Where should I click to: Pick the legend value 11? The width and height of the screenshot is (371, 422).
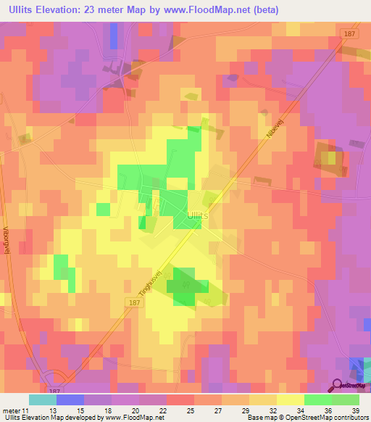coord(27,410)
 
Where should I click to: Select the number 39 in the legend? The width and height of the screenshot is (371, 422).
coord(354,410)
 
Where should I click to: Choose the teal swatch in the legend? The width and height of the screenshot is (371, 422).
coord(42,400)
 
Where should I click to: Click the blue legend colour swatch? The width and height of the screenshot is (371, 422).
coord(70,400)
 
